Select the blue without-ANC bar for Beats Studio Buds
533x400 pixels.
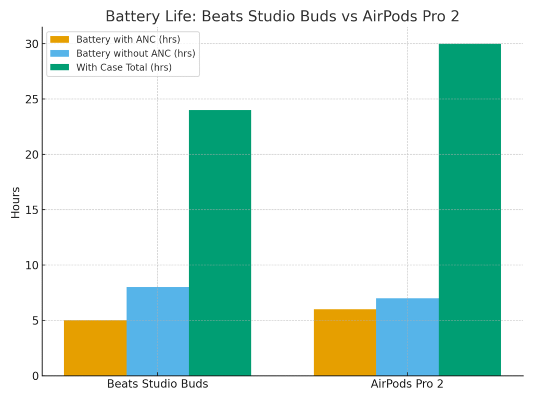(x=158, y=331)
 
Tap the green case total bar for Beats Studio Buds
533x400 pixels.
(x=220, y=243)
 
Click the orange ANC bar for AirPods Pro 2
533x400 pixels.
(x=345, y=342)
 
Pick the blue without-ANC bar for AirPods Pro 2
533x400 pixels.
(x=407, y=337)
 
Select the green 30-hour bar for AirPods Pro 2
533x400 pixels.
(x=469, y=209)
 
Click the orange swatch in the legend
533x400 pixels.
(x=59, y=40)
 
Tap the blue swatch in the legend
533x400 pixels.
(x=59, y=54)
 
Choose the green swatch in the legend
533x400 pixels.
(x=59, y=67)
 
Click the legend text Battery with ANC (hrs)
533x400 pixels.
(x=128, y=40)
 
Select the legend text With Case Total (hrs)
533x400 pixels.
(x=124, y=67)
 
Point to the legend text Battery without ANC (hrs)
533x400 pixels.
(x=135, y=54)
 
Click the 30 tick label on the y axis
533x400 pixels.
(x=32, y=44)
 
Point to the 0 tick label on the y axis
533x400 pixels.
(x=35, y=376)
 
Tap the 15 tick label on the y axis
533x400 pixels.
(x=32, y=210)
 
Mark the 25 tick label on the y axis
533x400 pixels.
(x=32, y=99)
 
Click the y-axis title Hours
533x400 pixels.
(x=16, y=202)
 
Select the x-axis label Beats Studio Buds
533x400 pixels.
(x=157, y=384)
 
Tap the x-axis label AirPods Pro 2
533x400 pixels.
(x=407, y=384)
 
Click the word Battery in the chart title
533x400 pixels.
(x=128, y=17)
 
